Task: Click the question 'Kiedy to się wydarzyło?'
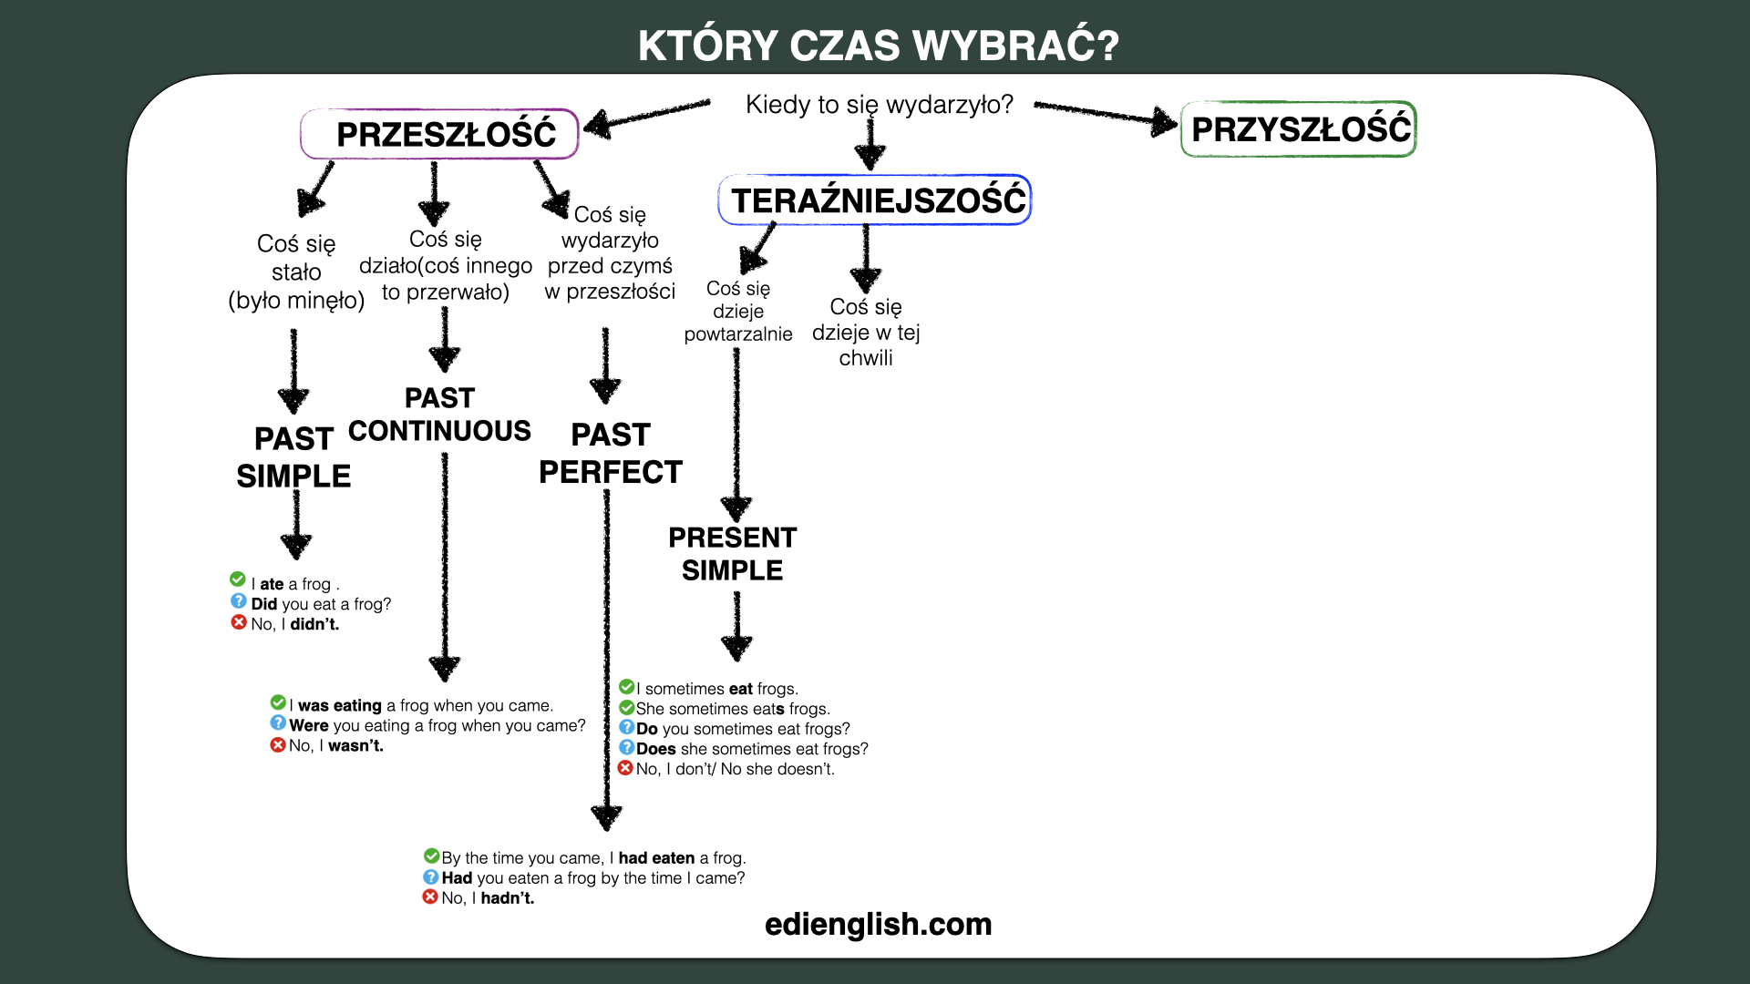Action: click(880, 105)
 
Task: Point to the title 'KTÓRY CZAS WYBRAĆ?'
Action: click(879, 46)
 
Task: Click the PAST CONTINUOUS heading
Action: click(439, 415)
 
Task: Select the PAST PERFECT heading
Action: click(611, 454)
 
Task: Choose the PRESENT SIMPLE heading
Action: click(733, 554)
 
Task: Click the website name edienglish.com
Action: click(879, 924)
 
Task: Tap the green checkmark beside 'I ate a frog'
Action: click(238, 579)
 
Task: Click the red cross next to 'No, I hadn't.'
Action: click(430, 897)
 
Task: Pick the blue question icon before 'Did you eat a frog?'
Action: click(239, 601)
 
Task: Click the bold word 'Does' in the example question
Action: click(656, 749)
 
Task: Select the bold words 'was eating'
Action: click(340, 705)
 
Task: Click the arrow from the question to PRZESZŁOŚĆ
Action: click(647, 116)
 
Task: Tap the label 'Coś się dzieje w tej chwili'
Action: click(866, 332)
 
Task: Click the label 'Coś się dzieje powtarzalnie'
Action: click(738, 311)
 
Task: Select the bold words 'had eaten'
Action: click(656, 857)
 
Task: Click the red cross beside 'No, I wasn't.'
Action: click(278, 744)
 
